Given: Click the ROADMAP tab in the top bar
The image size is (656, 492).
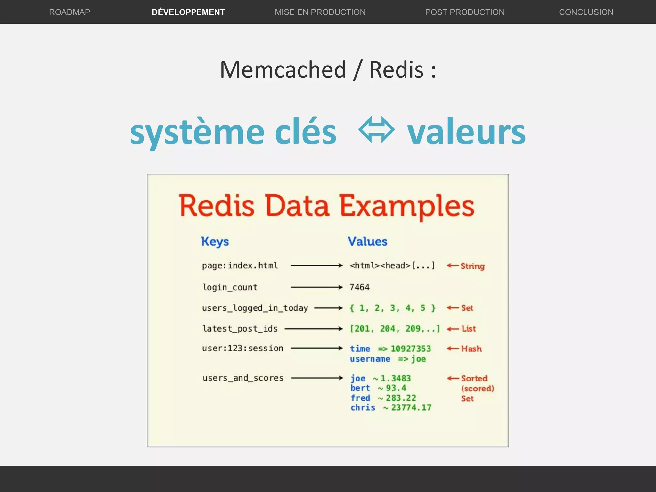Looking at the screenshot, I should tap(70, 12).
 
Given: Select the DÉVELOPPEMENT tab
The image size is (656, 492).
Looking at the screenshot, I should tap(188, 12).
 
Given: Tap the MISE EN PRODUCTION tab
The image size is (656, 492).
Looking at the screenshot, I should tap(320, 12).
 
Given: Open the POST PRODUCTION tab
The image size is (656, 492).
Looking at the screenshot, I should tap(464, 12).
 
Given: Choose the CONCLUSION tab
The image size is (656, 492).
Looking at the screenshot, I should tap(586, 12).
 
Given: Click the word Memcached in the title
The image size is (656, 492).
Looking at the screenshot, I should tap(283, 70).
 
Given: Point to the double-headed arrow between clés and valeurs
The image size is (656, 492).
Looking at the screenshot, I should tap(376, 130).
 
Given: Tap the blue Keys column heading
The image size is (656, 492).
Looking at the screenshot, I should tap(215, 242).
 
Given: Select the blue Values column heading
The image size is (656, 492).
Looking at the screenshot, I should tap(367, 242).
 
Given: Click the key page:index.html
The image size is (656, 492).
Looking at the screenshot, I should tap(240, 266).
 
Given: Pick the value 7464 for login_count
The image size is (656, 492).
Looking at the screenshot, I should tap(359, 287).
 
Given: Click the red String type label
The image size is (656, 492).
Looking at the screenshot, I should tap(472, 266).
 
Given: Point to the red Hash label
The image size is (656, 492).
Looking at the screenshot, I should tap(471, 348).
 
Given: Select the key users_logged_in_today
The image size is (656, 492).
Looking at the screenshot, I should tap(255, 308).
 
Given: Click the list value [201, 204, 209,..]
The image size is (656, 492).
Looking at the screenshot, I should tap(395, 329).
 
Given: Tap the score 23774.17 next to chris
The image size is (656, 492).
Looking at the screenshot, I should tap(411, 407).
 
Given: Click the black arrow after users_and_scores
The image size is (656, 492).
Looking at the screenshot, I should tap(317, 378).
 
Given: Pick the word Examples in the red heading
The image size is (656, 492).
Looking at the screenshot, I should tap(406, 206).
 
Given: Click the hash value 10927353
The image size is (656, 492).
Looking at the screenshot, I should tap(411, 348).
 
